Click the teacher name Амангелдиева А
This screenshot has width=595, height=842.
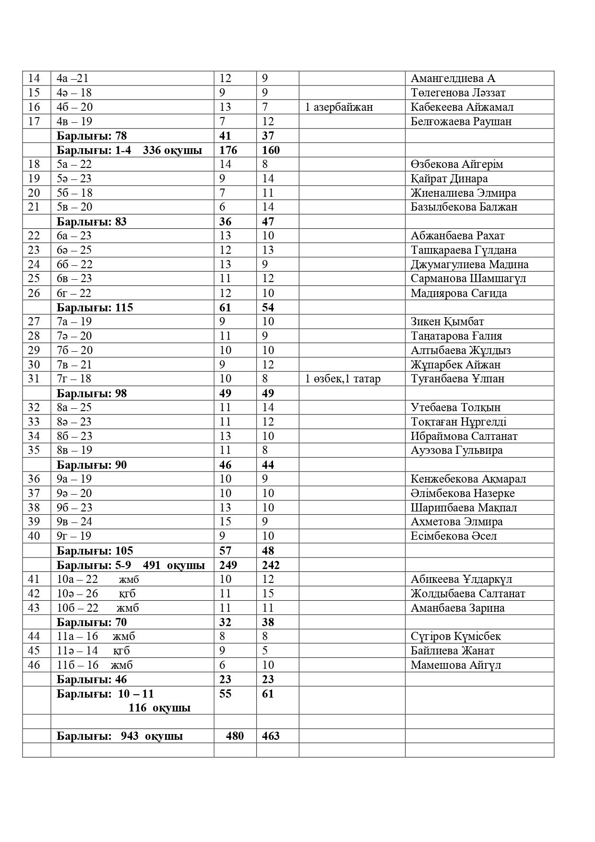[x=452, y=79]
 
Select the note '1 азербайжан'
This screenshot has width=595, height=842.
[x=339, y=107]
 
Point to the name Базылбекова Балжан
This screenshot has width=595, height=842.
[x=464, y=207]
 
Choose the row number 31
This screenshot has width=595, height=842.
[x=34, y=379]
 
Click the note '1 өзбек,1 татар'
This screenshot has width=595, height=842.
[x=343, y=379]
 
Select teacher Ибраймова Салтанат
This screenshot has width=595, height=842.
[x=464, y=436]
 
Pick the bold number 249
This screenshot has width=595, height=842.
[x=228, y=565]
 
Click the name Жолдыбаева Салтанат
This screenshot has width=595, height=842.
[x=467, y=593]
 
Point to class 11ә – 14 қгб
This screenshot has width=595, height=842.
[x=93, y=651]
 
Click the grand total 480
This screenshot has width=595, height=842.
[x=235, y=736]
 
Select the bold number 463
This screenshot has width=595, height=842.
[x=271, y=736]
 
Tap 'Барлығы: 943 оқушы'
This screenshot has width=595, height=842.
[x=119, y=736]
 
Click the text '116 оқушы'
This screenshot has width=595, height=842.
[x=159, y=708]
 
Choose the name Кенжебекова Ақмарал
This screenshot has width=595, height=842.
[x=468, y=479]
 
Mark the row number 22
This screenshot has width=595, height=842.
[x=34, y=236]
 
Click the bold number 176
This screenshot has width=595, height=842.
[x=228, y=150]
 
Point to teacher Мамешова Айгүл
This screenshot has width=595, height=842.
[x=455, y=665]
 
